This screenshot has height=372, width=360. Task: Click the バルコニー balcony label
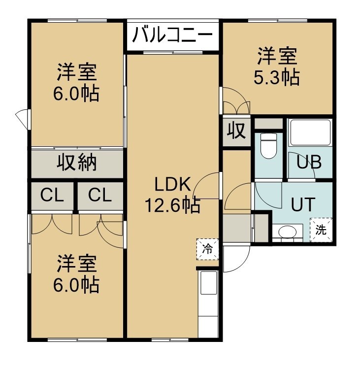pos(172,35)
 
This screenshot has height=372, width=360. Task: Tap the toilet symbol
pos(268,145)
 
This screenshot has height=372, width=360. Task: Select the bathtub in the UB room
pos(310,133)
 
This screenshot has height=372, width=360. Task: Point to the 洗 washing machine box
pos(321,230)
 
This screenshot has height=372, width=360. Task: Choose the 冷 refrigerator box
pos(207,249)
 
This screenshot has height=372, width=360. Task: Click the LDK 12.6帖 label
pos(172,195)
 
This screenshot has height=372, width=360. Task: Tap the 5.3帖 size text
pos(276,78)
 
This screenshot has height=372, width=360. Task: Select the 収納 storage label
pos(77,163)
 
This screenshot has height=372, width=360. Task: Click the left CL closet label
pos(52,195)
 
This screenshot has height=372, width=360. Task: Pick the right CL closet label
pos(100,195)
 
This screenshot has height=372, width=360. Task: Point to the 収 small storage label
pos(236,130)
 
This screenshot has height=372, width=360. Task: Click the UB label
pos(309,162)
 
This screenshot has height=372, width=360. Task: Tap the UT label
pos(303,204)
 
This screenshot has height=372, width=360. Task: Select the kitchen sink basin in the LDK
pos(209,283)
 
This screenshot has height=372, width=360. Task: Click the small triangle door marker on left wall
pos(22,119)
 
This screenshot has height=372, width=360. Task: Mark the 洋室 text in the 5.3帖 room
pos(277,57)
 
